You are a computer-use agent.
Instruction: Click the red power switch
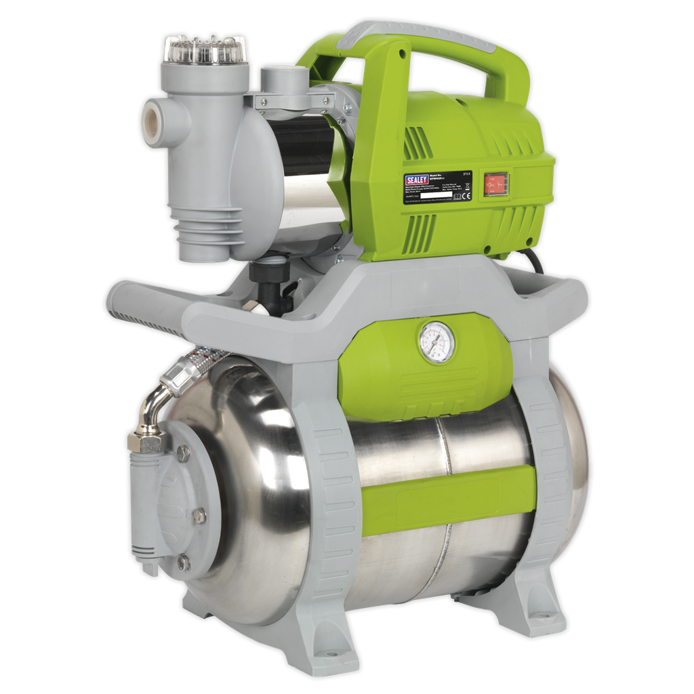tap(495, 183)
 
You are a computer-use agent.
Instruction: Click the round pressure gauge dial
tap(436, 342)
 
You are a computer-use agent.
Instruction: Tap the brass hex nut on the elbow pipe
tap(144, 442)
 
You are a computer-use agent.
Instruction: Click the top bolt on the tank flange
tap(182, 453)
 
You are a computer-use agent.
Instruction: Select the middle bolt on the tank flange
tap(198, 515)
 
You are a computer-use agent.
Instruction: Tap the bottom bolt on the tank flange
tap(183, 562)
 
